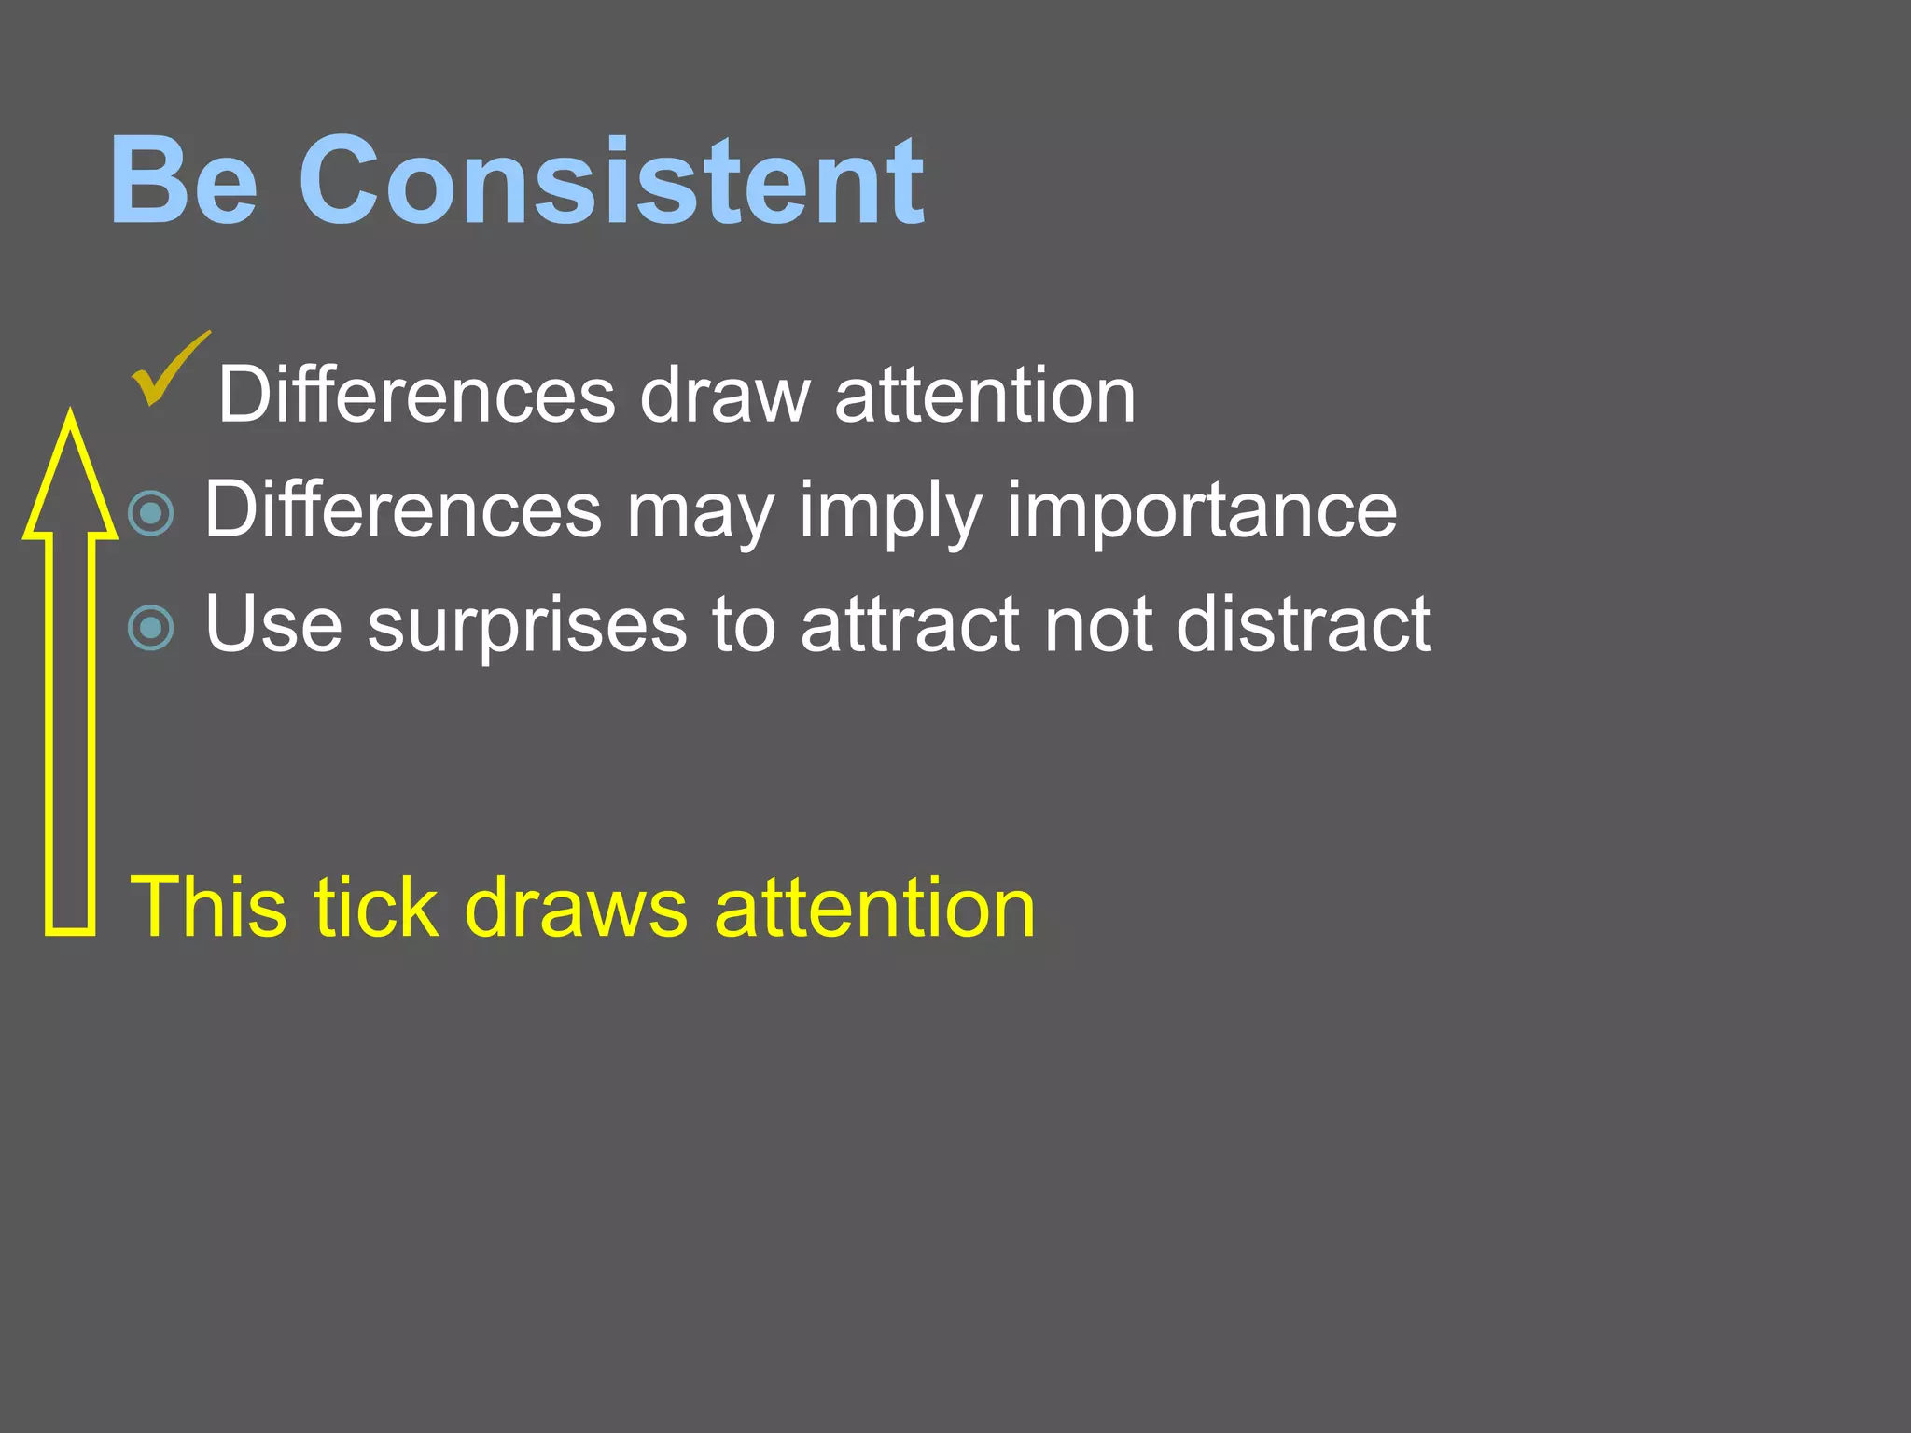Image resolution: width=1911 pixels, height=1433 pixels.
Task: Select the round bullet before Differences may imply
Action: coord(151,512)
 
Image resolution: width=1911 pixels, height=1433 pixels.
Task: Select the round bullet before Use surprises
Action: coord(151,627)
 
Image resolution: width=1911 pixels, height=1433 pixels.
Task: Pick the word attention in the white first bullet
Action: coord(984,395)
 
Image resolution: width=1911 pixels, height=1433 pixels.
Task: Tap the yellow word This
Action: coord(206,907)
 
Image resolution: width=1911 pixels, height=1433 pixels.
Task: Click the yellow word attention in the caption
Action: coord(874,907)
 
